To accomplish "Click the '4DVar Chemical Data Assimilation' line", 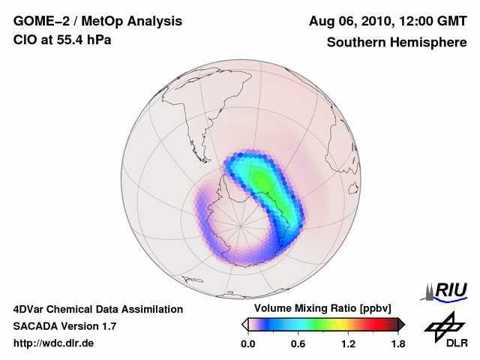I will [98, 309].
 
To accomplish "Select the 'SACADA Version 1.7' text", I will [64, 326].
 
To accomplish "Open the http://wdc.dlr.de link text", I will [54, 343].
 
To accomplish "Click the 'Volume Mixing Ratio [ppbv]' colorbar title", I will [323, 308].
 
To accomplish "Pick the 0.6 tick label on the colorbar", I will [298, 344].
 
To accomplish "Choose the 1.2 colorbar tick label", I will [348, 344].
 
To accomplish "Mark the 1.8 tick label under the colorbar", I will [397, 344].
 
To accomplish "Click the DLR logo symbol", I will [444, 327].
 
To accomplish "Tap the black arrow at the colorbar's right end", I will [401, 324].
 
